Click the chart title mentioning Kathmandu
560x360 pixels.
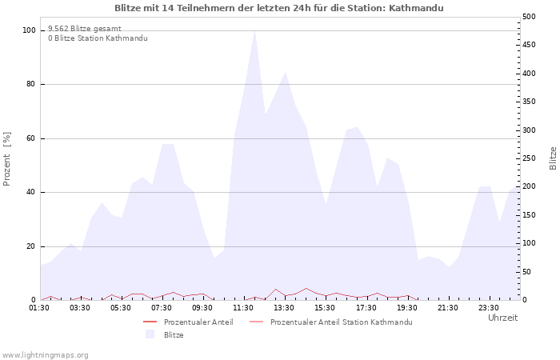tap(279, 8)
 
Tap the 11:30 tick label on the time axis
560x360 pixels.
tap(243, 308)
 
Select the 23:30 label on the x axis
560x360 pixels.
tap(489, 308)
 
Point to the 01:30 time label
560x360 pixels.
tap(39, 308)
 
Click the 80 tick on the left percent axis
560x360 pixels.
tap(31, 84)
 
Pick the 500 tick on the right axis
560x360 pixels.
tap(529, 17)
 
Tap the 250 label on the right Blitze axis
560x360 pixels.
tap(529, 158)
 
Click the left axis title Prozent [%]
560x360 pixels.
tap(6, 159)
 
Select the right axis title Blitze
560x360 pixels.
tap(553, 158)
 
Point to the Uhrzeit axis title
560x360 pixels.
tap(503, 318)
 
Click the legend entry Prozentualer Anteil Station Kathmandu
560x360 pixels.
tap(341, 322)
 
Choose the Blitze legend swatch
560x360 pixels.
tap(150, 334)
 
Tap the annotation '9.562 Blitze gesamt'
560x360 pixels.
tap(85, 29)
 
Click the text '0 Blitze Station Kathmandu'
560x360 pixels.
tap(98, 38)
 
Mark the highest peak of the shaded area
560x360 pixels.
tap(254, 31)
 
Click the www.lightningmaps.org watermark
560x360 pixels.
tap(45, 355)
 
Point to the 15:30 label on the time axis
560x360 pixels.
tap(325, 308)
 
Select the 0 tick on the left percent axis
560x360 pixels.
tap(33, 300)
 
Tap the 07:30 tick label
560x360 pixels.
tap(162, 308)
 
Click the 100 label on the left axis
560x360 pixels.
tap(29, 30)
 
